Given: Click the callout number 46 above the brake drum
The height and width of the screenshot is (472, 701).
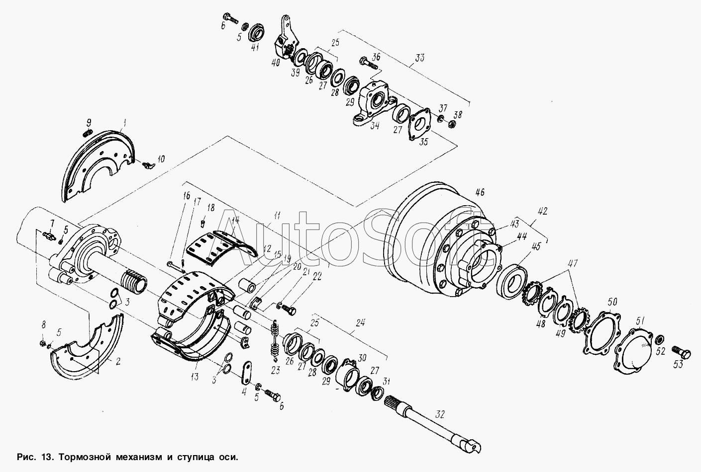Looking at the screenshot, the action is click(480, 192).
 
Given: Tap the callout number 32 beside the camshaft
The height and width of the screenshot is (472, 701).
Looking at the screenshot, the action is click(440, 414).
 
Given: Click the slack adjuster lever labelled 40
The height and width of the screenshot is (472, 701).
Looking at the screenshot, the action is click(284, 41).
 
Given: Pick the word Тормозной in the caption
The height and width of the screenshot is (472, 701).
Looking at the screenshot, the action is click(85, 457).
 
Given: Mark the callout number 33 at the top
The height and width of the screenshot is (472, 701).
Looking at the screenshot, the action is click(419, 58).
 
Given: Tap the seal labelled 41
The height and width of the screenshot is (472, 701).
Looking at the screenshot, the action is click(257, 32).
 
